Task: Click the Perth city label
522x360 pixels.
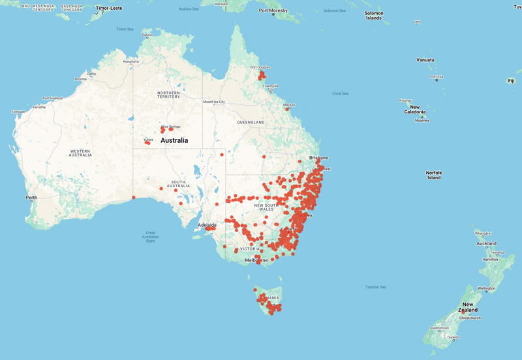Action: (31, 197)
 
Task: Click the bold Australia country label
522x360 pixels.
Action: (174, 140)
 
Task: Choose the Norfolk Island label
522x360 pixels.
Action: (434, 175)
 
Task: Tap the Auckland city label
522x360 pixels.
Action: (487, 243)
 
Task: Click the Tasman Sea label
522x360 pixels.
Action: (375, 287)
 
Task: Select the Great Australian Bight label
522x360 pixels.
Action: (150, 236)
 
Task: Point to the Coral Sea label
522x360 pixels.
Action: (340, 93)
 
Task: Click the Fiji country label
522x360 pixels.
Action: (510, 80)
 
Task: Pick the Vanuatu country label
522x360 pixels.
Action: (425, 60)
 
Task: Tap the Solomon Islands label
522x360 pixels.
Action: (373, 16)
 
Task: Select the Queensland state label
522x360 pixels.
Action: (251, 122)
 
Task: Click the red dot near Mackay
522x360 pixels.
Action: (287, 109)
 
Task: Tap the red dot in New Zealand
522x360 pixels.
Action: (463, 311)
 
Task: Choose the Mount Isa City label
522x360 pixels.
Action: (214, 102)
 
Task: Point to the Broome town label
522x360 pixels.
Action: (81, 79)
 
